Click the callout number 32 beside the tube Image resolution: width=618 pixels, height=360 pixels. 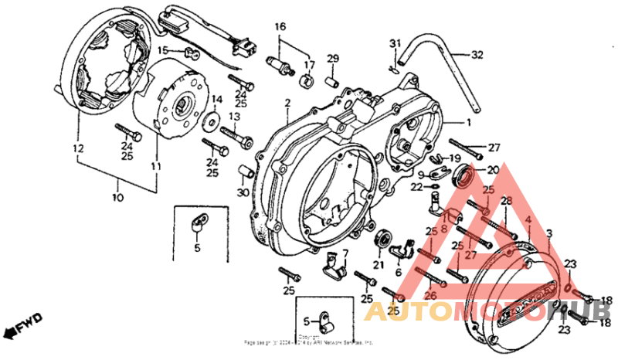[x=477, y=55]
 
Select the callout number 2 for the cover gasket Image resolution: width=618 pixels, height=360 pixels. [x=287, y=103]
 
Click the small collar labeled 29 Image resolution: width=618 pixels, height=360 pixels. [x=334, y=78]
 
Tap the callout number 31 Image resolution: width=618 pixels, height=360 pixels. [x=395, y=42]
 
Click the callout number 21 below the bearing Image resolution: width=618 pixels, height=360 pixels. [x=379, y=265]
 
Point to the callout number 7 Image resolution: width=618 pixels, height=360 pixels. [x=345, y=253]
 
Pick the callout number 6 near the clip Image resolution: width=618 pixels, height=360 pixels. [x=398, y=273]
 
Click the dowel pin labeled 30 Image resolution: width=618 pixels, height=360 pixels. [x=242, y=170]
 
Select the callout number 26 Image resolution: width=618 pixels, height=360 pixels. [x=430, y=294]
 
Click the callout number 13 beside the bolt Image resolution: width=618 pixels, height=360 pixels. [x=234, y=116]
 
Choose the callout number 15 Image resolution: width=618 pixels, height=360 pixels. [x=162, y=51]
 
